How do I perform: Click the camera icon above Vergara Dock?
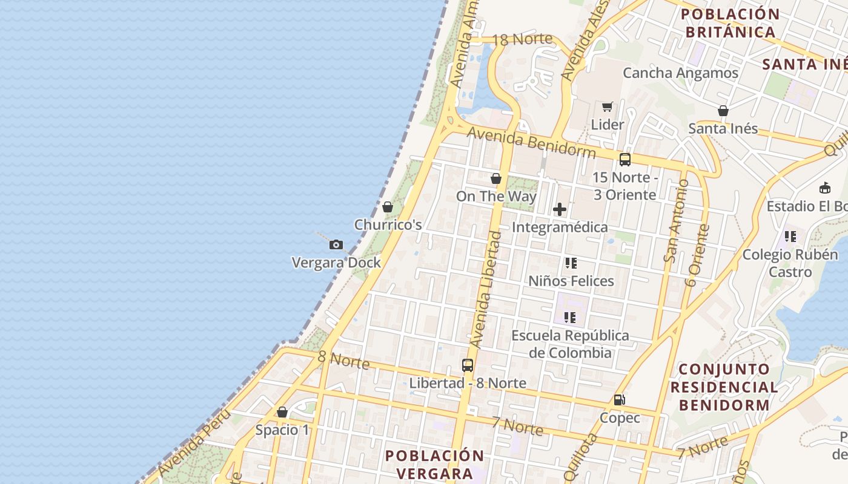point(336,245)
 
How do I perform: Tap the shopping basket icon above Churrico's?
point(388,207)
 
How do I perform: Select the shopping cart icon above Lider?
point(607,107)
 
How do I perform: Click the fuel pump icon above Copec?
point(619,400)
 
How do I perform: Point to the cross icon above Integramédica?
point(560,209)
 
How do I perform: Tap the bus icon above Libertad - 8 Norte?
point(467,365)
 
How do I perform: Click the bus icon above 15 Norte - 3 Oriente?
point(624,160)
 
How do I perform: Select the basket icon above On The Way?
point(495,178)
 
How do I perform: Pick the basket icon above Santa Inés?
point(723,111)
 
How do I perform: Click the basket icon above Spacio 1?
point(282,413)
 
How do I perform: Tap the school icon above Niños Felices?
point(571,263)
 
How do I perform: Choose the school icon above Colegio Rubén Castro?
point(790,237)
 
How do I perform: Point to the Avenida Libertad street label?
point(486,289)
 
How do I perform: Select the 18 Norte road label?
point(522,40)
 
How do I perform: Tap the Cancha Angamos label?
point(680,73)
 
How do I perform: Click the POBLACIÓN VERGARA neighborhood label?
point(435,464)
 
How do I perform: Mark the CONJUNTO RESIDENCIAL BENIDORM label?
point(724,387)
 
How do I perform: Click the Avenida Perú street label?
point(194,442)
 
